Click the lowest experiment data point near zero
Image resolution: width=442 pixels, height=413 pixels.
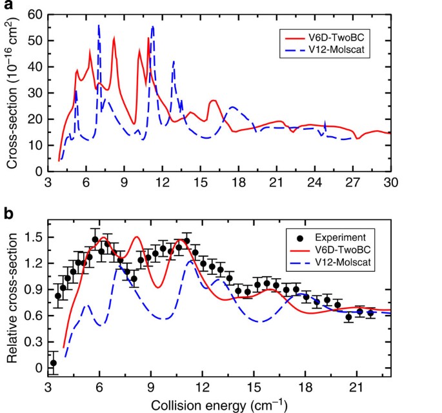tap(54, 363)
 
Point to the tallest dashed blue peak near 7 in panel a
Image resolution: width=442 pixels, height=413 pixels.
tap(99, 25)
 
